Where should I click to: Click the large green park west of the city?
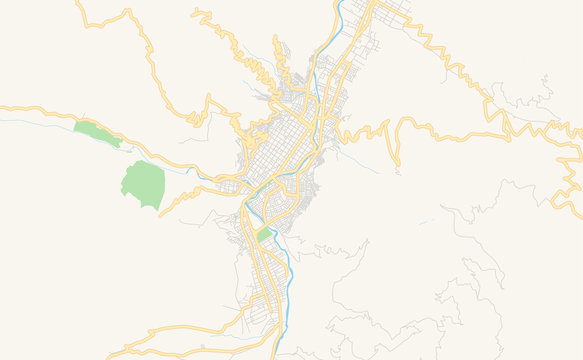[143, 183]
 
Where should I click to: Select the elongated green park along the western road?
[96, 133]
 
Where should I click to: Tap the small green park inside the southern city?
[264, 236]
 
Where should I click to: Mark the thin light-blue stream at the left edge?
[8, 120]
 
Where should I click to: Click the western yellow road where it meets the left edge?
[4, 107]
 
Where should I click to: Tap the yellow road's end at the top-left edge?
[78, 3]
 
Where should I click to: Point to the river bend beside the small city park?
[277, 240]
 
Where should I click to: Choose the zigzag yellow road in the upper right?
[450, 60]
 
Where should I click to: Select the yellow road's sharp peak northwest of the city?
[209, 98]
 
